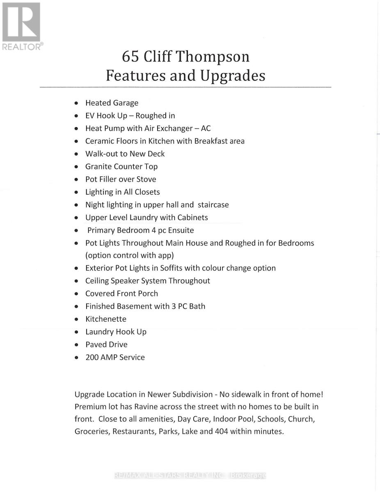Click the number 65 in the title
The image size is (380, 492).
(x=130, y=57)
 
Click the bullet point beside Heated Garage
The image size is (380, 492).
(x=76, y=103)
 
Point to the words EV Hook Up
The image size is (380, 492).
(x=106, y=116)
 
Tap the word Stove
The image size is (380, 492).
(x=146, y=179)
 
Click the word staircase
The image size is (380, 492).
(x=213, y=205)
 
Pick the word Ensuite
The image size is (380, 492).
(x=179, y=230)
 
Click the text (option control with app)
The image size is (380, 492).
(x=130, y=255)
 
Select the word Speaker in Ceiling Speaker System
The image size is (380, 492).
(x=125, y=281)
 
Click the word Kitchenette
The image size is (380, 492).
(x=106, y=319)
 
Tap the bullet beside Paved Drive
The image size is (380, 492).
(x=76, y=345)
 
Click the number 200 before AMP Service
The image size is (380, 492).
(x=92, y=358)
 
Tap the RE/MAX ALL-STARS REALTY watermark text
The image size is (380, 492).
(x=190, y=476)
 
